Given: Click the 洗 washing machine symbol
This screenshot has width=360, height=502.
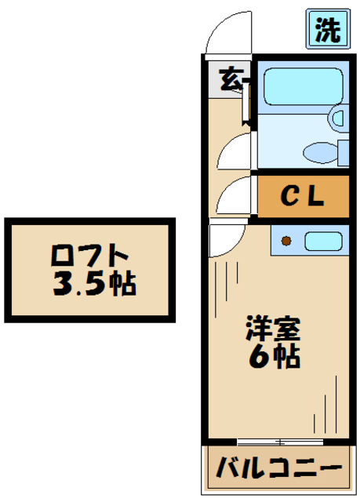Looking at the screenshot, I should (x=327, y=31).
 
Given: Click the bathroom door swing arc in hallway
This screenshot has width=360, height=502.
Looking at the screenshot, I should (x=234, y=151).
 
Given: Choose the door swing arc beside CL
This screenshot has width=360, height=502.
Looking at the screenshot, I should (x=234, y=195).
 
